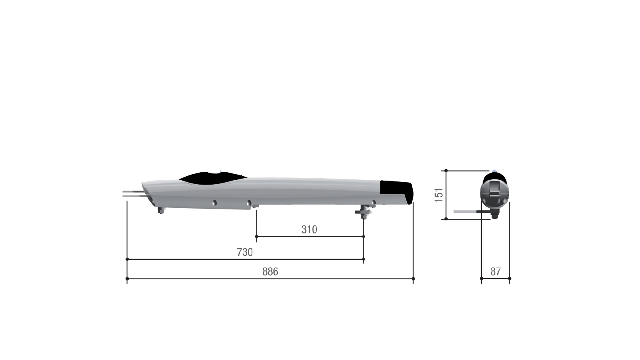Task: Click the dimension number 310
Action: tap(309, 229)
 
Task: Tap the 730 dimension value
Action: tap(245, 252)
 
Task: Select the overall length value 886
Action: tap(270, 271)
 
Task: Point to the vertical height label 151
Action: tap(439, 195)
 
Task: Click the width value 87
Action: tap(495, 271)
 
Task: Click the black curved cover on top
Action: tap(212, 178)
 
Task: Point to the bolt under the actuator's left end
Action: tap(161, 210)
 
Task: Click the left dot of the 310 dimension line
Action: tap(256, 236)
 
